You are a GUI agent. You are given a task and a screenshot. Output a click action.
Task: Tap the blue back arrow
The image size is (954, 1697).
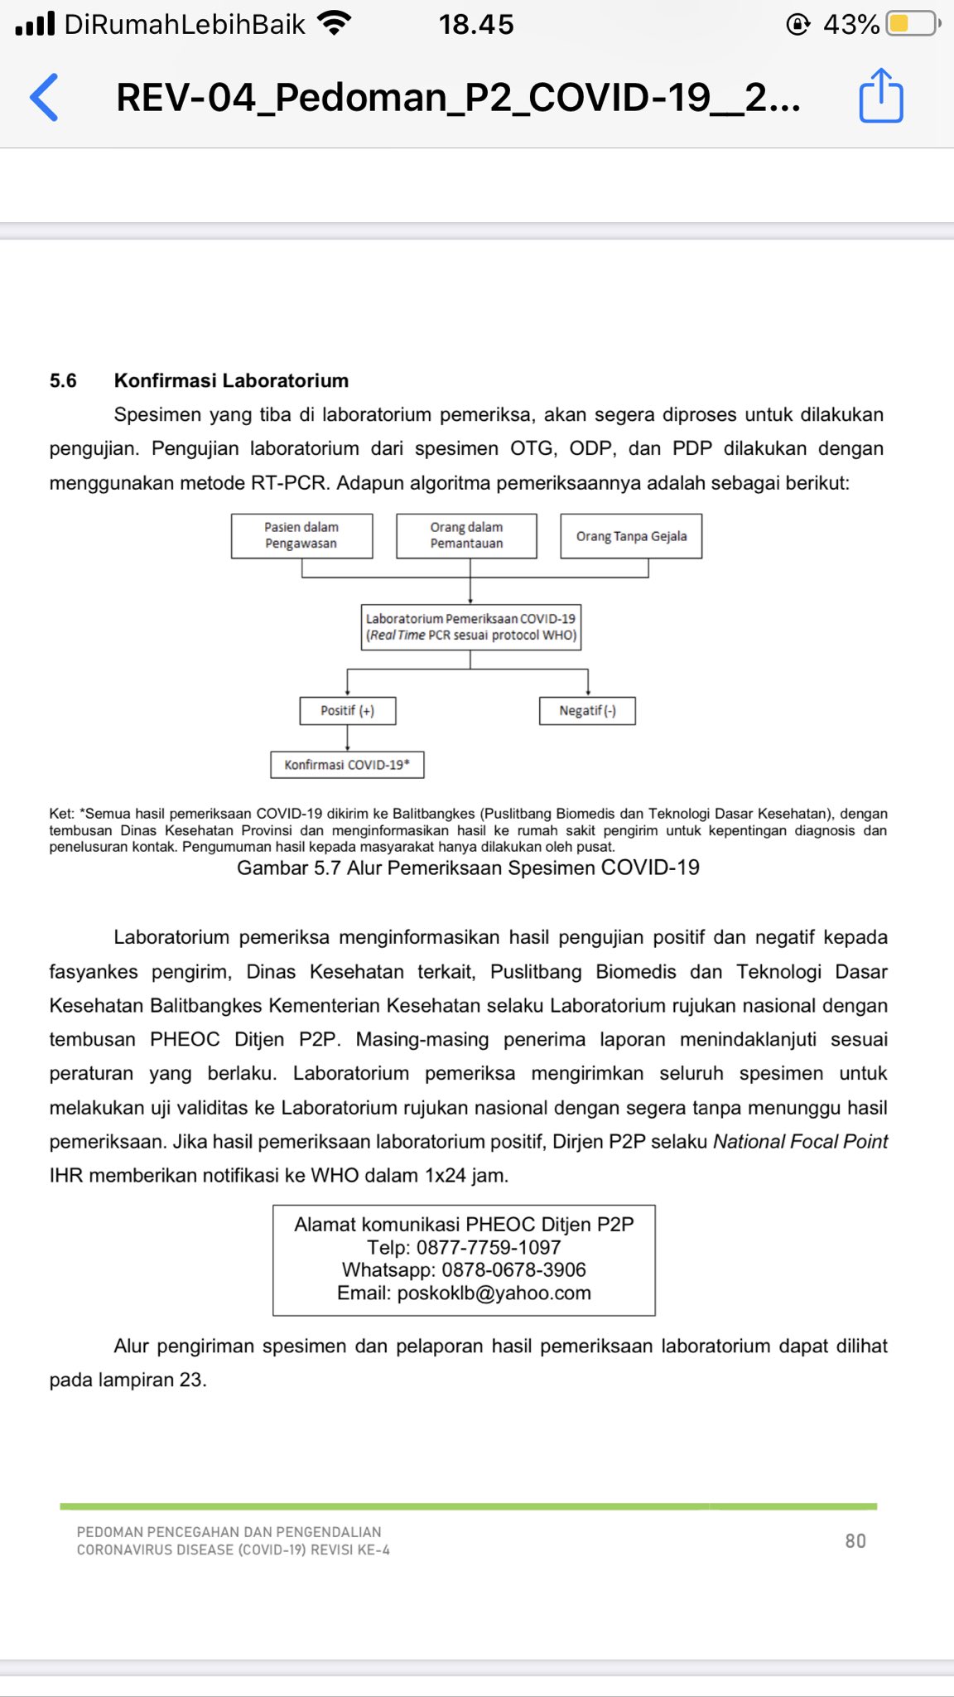pyautogui.click(x=45, y=97)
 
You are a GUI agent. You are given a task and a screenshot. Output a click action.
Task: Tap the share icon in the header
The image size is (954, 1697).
pyautogui.click(x=880, y=96)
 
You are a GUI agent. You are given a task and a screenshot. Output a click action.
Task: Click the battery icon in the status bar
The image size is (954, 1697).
pyautogui.click(x=912, y=24)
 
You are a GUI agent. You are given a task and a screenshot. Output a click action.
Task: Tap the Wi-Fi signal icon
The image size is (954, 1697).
pyautogui.click(x=334, y=24)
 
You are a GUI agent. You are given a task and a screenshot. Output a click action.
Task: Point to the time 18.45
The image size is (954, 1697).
pyautogui.click(x=476, y=25)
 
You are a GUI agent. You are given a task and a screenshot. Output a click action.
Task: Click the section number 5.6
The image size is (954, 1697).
pyautogui.click(x=63, y=380)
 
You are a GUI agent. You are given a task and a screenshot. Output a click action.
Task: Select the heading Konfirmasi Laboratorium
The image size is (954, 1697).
pyautogui.click(x=231, y=380)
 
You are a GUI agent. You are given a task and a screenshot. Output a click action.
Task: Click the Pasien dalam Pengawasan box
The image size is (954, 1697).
pyautogui.click(x=301, y=535)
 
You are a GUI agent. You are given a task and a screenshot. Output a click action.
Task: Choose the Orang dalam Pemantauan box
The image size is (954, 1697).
pyautogui.click(x=466, y=535)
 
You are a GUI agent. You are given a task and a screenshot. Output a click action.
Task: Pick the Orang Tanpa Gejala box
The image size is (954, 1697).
pyautogui.click(x=631, y=536)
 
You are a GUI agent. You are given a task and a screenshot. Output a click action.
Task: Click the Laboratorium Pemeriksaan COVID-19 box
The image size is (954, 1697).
pyautogui.click(x=470, y=627)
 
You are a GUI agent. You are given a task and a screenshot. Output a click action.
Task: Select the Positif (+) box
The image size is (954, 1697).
pyautogui.click(x=347, y=711)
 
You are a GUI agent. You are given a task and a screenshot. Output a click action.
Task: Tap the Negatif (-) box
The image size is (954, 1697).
pyautogui.click(x=587, y=711)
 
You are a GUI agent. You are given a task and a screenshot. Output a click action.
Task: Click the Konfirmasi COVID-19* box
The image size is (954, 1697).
pyautogui.click(x=347, y=764)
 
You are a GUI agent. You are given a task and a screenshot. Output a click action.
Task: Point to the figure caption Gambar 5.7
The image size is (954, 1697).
pyautogui.click(x=468, y=868)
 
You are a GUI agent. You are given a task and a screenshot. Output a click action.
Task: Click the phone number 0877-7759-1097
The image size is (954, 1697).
pyautogui.click(x=489, y=1247)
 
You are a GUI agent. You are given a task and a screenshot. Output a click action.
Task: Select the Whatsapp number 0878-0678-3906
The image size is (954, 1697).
pyautogui.click(x=513, y=1269)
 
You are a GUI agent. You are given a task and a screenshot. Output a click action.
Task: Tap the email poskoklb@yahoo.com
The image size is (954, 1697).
pyautogui.click(x=494, y=1293)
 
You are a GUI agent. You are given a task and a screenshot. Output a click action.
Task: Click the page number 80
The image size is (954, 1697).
pyautogui.click(x=855, y=1540)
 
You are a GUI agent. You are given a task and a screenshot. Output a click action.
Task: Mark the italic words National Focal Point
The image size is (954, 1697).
pyautogui.click(x=800, y=1141)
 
